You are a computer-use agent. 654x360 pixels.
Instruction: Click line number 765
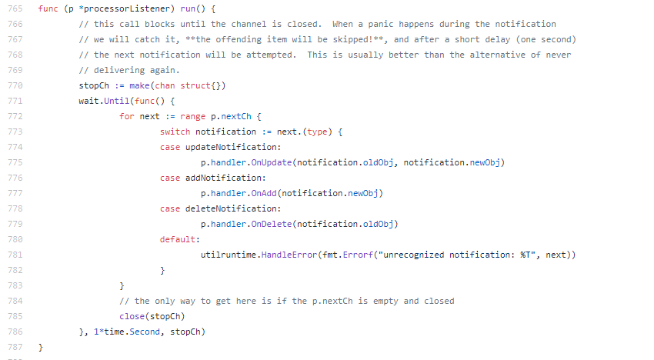pos(15,9)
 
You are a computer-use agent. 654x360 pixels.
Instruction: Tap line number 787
pos(15,347)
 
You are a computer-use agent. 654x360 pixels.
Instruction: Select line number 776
pos(15,178)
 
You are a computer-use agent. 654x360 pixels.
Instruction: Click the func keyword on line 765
pos(48,9)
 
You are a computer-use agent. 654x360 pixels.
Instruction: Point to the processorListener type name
pos(122,9)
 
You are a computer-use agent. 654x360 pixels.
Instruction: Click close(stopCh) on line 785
pos(152,316)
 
